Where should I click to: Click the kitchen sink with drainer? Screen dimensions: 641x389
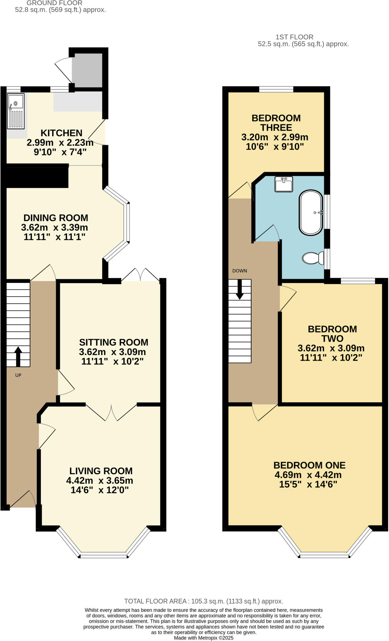pyautogui.click(x=16, y=111)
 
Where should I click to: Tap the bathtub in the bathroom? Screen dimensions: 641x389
pyautogui.click(x=311, y=213)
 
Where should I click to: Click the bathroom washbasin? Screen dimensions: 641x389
pyautogui.click(x=284, y=184)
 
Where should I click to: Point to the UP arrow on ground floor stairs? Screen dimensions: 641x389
pyautogui.click(x=18, y=356)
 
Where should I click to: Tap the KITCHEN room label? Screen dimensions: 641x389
pyautogui.click(x=61, y=133)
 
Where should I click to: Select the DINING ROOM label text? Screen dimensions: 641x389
pyautogui.click(x=56, y=218)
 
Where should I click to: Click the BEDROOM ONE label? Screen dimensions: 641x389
pyautogui.click(x=309, y=465)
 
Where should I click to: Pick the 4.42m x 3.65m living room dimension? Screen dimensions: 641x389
pyautogui.click(x=100, y=480)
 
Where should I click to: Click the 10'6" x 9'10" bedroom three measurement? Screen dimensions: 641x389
pyautogui.click(x=275, y=146)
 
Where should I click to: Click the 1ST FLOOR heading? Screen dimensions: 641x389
pyautogui.click(x=294, y=37)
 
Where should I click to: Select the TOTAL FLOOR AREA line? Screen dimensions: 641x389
pyautogui.click(x=203, y=601)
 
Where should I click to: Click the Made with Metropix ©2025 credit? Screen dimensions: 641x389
pyautogui.click(x=203, y=638)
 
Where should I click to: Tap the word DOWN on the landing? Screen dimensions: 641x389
pyautogui.click(x=240, y=271)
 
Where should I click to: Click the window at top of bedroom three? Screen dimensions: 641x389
pyautogui.click(x=276, y=90)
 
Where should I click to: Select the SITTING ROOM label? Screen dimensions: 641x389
pyautogui.click(x=114, y=342)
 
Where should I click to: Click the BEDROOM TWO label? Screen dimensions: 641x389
pyautogui.click(x=332, y=334)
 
